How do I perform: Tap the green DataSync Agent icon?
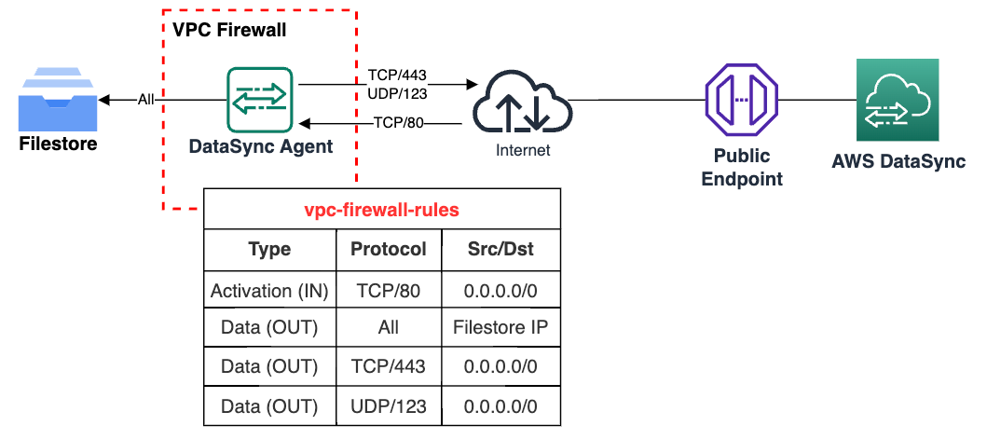pyautogui.click(x=260, y=99)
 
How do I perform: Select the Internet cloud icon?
pyautogui.click(x=522, y=103)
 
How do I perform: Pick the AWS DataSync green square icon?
pyautogui.click(x=898, y=100)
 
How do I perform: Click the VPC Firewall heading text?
pyautogui.click(x=229, y=30)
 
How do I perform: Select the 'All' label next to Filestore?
pyautogui.click(x=145, y=99)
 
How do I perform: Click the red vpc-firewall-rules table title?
pyautogui.click(x=382, y=210)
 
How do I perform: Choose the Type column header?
pyautogui.click(x=269, y=250)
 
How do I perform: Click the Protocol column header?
pyautogui.click(x=389, y=250)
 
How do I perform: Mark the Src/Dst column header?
pyautogui.click(x=500, y=250)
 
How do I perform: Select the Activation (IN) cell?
pyautogui.click(x=269, y=291)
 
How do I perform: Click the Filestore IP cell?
pyautogui.click(x=500, y=328)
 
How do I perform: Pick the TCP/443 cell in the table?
pyautogui.click(x=389, y=366)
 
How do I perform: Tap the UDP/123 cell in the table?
pyautogui.click(x=389, y=406)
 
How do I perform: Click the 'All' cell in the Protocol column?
pyautogui.click(x=389, y=328)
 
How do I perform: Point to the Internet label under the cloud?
pyautogui.click(x=522, y=150)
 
